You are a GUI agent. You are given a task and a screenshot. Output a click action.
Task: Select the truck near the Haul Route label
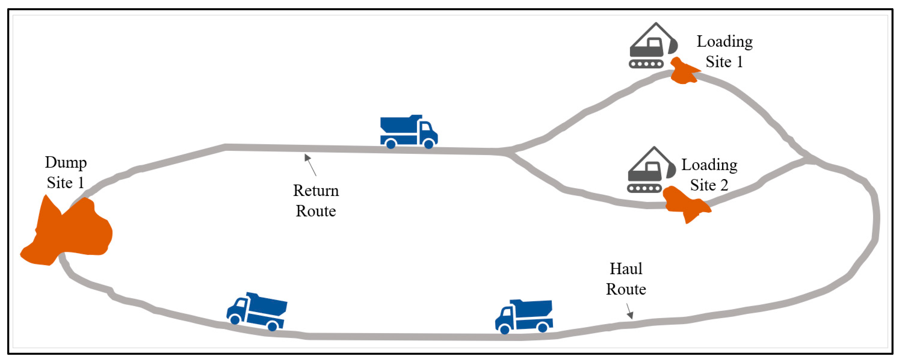[524, 316]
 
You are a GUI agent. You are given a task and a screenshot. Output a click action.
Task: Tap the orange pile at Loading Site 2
[685, 204]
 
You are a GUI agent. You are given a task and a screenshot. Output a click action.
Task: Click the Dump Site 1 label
[66, 172]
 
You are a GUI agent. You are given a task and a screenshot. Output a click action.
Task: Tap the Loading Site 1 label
[724, 51]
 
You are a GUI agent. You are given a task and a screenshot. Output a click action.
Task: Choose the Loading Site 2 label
[709, 175]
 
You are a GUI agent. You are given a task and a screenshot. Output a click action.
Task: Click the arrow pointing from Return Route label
[310, 165]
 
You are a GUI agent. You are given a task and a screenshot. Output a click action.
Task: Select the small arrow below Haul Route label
[629, 311]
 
